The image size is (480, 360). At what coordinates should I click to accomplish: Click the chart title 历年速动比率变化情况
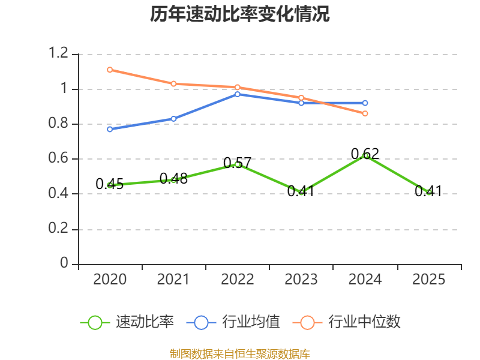pyautogui.click(x=239, y=14)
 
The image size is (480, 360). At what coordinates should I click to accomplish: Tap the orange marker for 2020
pyautogui.click(x=110, y=70)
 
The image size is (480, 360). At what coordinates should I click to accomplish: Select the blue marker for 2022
pyautogui.click(x=237, y=94)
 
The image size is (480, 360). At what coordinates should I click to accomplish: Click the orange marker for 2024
pyautogui.click(x=365, y=113)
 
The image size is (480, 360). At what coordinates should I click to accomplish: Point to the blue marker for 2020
pyautogui.click(x=110, y=130)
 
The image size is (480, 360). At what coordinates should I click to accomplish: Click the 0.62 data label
pyautogui.click(x=365, y=154)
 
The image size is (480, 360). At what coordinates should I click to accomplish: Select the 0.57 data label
pyautogui.click(x=237, y=163)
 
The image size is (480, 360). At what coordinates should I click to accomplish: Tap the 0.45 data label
pyautogui.click(x=110, y=184)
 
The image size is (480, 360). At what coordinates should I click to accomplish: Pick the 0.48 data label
pyautogui.click(x=173, y=178)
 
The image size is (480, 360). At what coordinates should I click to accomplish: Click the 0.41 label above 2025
pyautogui.click(x=428, y=191)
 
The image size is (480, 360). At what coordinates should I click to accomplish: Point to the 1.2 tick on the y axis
pyautogui.click(x=58, y=53)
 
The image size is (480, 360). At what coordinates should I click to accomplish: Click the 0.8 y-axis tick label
pyautogui.click(x=58, y=123)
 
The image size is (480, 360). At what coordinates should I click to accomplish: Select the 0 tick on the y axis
pyautogui.click(x=64, y=263)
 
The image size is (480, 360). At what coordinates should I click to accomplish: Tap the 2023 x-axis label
pyautogui.click(x=301, y=280)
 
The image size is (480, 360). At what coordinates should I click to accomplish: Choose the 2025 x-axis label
pyautogui.click(x=428, y=280)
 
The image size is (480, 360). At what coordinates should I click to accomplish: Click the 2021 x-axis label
pyautogui.click(x=173, y=280)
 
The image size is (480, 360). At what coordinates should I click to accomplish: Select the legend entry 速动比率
pyautogui.click(x=127, y=322)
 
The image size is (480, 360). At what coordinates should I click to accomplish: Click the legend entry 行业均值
pyautogui.click(x=233, y=322)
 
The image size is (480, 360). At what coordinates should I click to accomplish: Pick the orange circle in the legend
pyautogui.click(x=307, y=323)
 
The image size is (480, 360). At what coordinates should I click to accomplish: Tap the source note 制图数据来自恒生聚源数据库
pyautogui.click(x=240, y=353)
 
